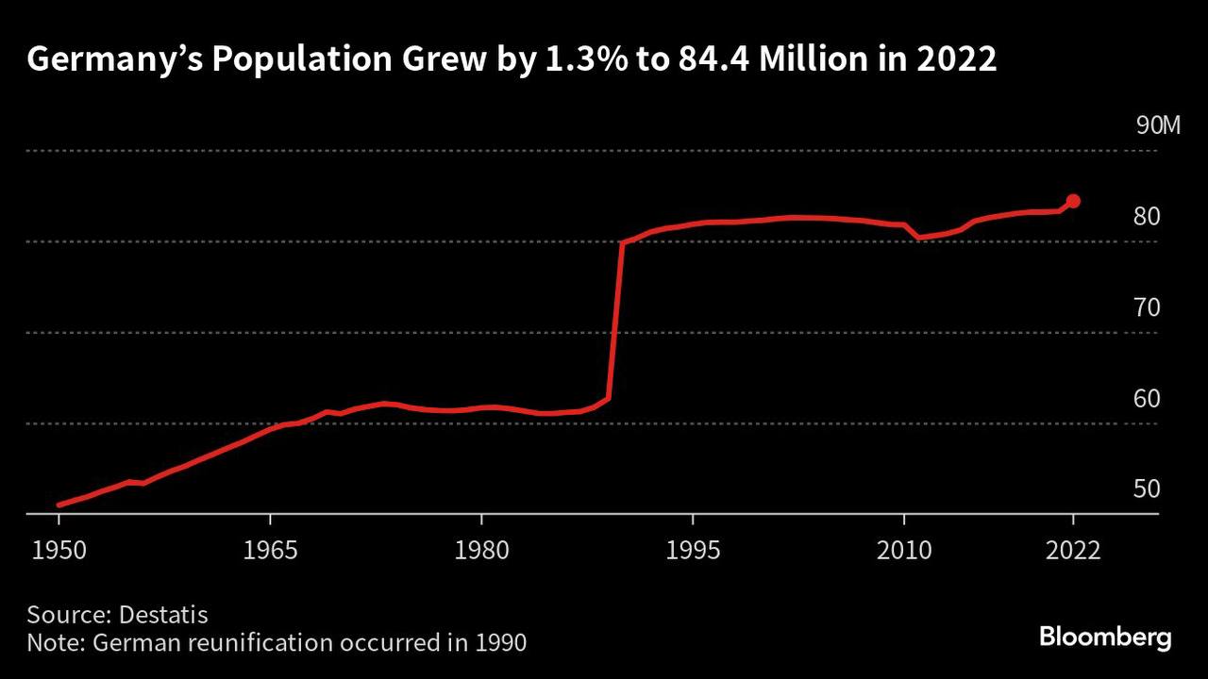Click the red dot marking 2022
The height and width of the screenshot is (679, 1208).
pos(1073,201)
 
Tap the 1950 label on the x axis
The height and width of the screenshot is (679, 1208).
pos(59,550)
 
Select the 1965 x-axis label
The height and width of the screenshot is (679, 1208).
pos(270,550)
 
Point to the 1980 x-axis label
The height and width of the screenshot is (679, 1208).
pos(481,550)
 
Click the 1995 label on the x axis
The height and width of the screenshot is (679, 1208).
pos(693,550)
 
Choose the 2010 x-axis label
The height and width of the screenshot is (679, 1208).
pos(904,550)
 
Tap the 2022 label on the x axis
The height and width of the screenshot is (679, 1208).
pos(1073,550)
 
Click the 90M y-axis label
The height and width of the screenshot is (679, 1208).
pos(1158,125)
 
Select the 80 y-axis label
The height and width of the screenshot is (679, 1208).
pos(1147,216)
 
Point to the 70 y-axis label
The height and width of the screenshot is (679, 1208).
pos(1147,307)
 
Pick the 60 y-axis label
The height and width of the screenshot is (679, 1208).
pos(1147,398)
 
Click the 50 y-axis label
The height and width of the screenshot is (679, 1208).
pos(1147,489)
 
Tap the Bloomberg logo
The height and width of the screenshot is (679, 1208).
pos(1105,638)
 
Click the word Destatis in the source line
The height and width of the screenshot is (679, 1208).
pos(163,615)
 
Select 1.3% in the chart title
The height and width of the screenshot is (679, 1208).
pos(586,58)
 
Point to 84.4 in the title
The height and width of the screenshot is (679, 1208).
pos(714,58)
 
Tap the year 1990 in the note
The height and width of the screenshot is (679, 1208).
pos(501,643)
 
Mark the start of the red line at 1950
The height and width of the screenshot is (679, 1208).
pos(59,505)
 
